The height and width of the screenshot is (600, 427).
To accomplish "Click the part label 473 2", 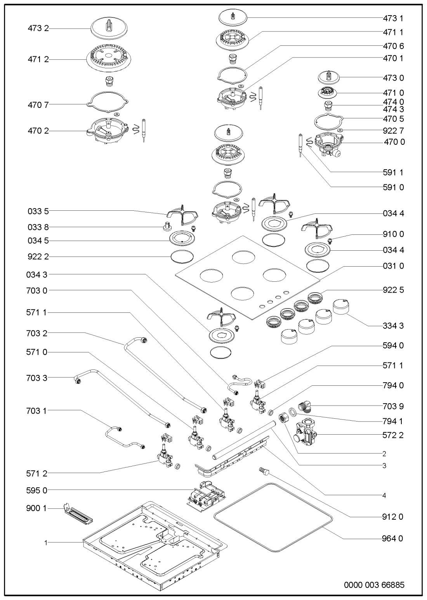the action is (38, 28).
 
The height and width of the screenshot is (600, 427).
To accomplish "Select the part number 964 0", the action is (392, 538).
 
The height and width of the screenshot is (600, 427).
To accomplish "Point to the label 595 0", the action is (37, 491).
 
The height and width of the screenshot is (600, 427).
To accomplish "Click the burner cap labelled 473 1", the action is (233, 18).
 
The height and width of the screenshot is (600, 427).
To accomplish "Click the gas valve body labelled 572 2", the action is (305, 434).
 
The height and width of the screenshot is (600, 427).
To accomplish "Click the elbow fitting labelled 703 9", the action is (305, 406).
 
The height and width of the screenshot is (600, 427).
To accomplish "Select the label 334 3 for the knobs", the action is (393, 326).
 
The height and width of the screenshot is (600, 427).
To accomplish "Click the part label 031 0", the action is (393, 266).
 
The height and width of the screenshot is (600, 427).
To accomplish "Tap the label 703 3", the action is (37, 378).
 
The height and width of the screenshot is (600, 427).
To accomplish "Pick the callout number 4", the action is (384, 496).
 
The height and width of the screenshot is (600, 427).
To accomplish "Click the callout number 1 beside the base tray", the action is (46, 543).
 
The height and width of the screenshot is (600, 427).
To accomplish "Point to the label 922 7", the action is (393, 131).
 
